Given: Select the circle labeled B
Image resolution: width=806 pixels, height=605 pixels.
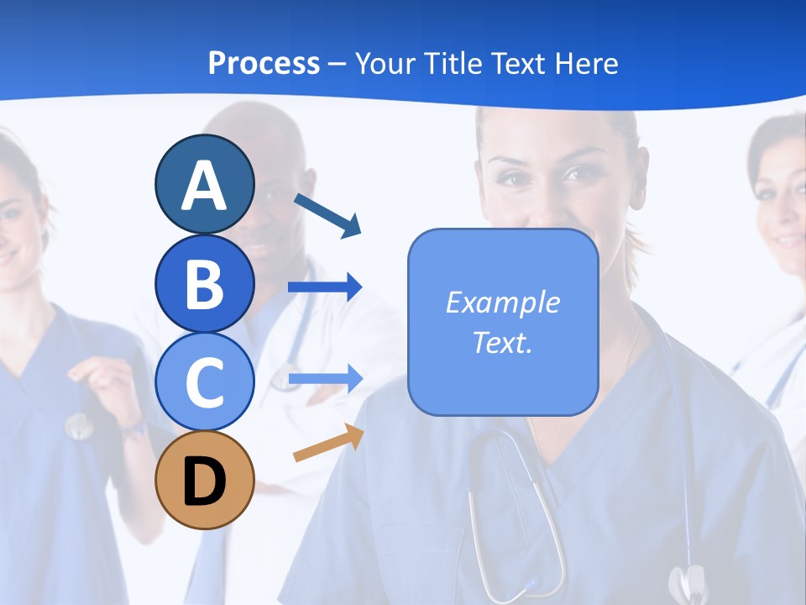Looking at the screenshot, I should coord(204,284).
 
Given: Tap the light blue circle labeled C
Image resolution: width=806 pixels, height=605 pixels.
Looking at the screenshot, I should coord(204,381).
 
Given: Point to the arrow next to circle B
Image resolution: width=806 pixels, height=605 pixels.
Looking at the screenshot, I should coord(325,287).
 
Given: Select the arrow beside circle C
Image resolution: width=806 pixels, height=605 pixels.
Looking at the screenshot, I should coord(325,378).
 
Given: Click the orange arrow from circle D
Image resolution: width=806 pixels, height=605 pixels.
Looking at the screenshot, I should coord(328,444).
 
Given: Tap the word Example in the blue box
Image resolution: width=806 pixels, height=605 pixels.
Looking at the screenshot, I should coord(502,302).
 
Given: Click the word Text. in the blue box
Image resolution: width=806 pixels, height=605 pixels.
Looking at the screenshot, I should coord(502,342).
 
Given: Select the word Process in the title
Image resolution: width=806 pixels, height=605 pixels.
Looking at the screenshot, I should coord(264,63).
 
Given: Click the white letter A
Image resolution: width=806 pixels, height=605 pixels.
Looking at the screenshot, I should coord(204,185).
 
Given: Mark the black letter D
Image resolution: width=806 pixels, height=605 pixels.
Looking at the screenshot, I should coord(204,482).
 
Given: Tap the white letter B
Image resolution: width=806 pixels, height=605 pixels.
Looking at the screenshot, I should coord(204,284).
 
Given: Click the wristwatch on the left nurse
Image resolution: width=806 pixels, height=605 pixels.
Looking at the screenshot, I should coord(133,429).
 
